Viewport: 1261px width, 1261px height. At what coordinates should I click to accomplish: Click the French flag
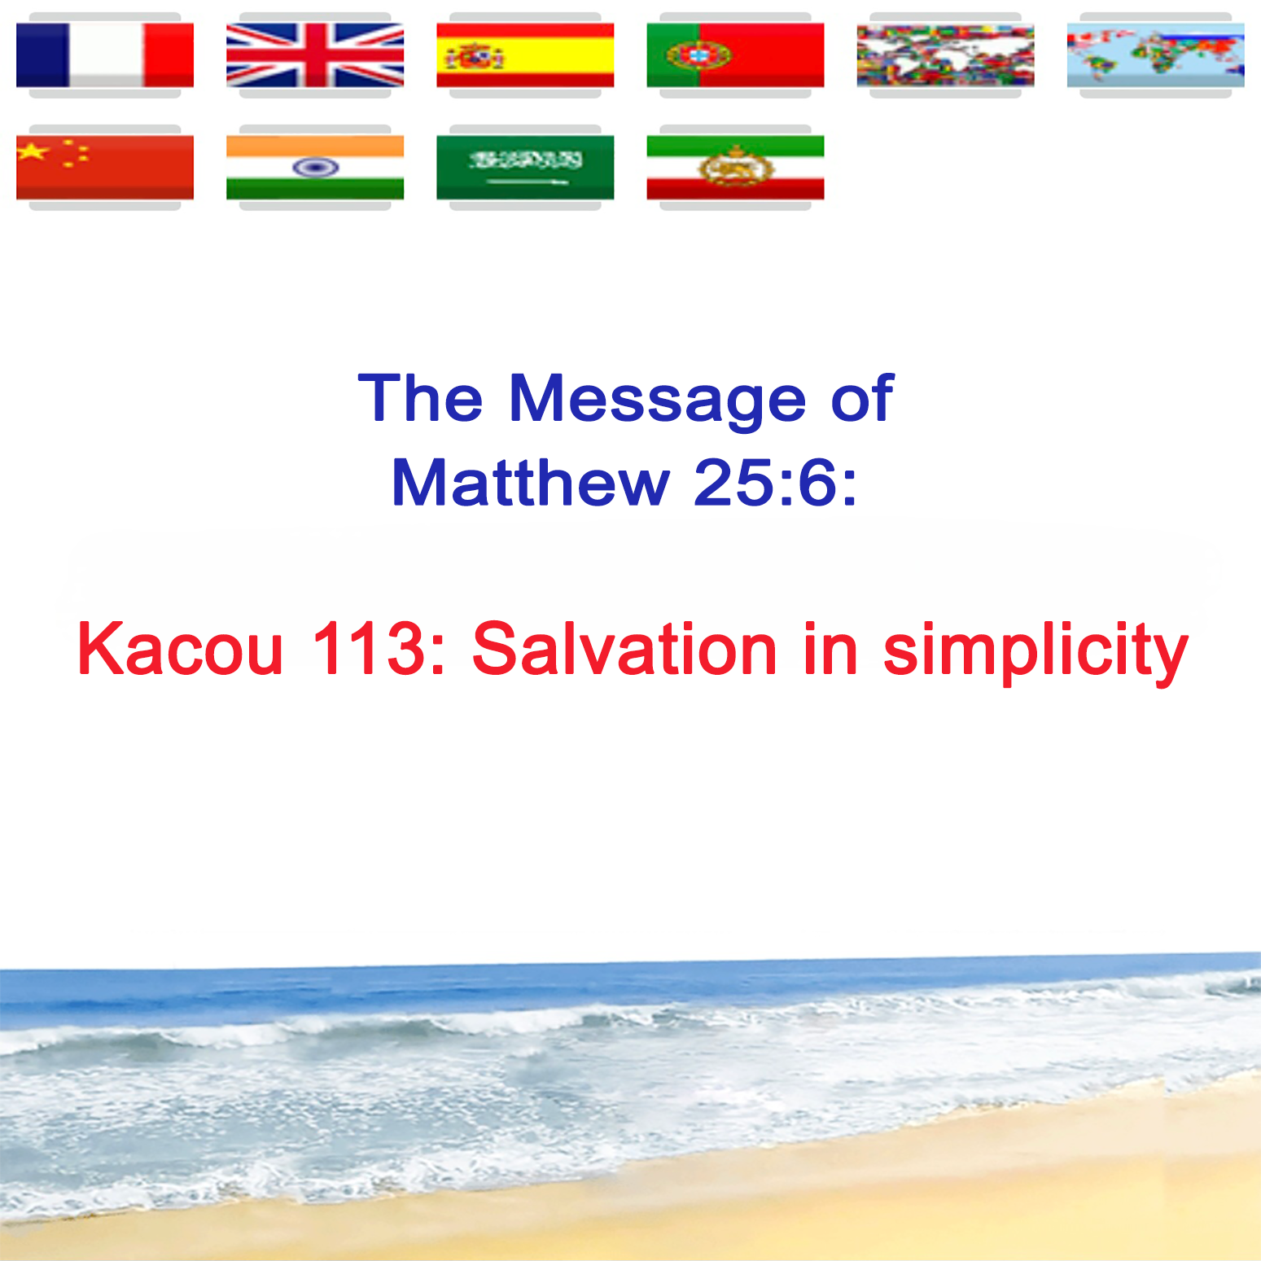(x=105, y=55)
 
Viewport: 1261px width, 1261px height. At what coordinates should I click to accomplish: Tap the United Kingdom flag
(x=315, y=55)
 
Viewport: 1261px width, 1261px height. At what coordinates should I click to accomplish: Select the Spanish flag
(x=525, y=55)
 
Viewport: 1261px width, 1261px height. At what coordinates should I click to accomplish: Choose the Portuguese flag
(x=735, y=55)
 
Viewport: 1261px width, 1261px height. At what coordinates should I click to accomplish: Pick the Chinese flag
(x=105, y=168)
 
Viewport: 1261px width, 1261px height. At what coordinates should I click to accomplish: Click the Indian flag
(x=315, y=168)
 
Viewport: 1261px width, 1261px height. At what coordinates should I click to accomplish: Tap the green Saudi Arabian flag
(x=525, y=168)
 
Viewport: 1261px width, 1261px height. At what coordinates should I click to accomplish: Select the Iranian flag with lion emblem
(x=735, y=168)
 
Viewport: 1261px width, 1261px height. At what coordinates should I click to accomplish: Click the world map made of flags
(x=945, y=55)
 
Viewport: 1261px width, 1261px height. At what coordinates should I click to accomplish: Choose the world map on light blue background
(x=1155, y=55)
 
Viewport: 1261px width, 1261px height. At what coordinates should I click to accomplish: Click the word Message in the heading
(x=657, y=398)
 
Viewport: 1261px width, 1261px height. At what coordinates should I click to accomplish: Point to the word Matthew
(x=530, y=483)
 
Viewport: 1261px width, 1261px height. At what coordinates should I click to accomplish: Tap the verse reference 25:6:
(x=775, y=483)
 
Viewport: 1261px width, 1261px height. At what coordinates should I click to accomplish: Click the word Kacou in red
(x=180, y=649)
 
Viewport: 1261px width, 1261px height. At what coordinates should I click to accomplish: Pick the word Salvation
(x=624, y=649)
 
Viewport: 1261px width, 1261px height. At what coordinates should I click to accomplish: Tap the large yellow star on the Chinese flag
(x=33, y=151)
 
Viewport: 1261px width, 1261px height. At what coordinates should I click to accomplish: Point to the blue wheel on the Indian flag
(x=315, y=168)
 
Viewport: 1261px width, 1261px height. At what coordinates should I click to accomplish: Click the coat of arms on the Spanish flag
(x=475, y=56)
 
